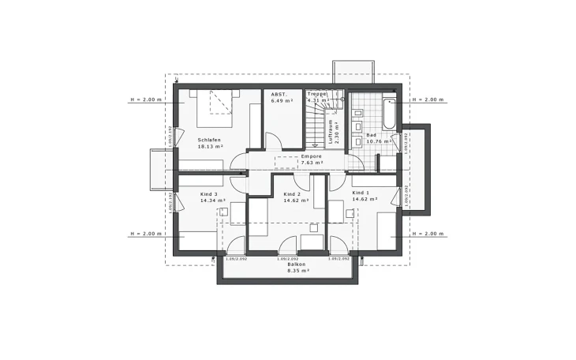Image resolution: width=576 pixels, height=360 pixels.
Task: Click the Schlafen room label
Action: point(210,140)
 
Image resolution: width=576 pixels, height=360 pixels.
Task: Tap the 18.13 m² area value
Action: point(210,147)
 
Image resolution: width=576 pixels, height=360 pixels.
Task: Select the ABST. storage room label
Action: point(279,94)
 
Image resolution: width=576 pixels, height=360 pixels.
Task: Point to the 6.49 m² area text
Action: point(282,101)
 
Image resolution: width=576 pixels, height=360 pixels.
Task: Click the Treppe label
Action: point(316,94)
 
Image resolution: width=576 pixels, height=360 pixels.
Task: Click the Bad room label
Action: point(371,135)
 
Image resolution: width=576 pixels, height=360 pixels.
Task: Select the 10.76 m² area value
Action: point(378,142)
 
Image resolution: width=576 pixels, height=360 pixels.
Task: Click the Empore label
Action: point(312,156)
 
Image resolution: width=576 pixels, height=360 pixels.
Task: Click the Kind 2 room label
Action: point(293,193)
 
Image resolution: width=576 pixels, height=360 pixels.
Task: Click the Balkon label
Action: point(297,264)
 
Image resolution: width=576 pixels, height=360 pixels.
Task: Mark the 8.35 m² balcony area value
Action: point(297,271)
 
